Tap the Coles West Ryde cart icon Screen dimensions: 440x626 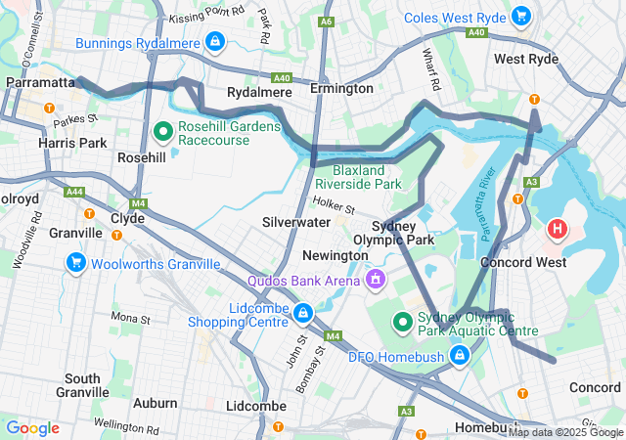pos(521,16)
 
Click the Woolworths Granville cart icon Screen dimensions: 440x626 pos(75,262)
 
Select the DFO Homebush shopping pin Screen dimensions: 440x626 pos(458,356)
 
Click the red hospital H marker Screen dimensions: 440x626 pos(558,230)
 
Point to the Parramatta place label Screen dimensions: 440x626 pos(39,83)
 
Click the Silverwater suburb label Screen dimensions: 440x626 pos(295,222)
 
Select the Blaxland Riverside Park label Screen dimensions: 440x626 pos(359,177)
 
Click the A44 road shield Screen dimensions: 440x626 pos(74,192)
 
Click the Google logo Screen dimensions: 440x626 pos(32,428)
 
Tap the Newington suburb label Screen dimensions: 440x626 pos(335,254)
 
